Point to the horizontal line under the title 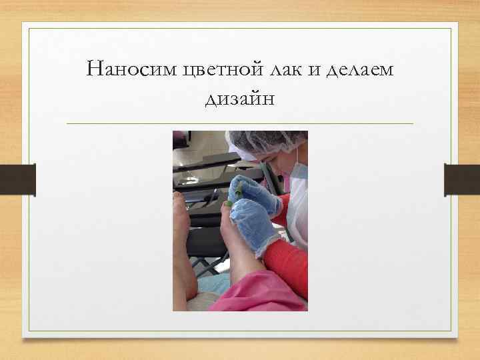click(240, 124)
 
